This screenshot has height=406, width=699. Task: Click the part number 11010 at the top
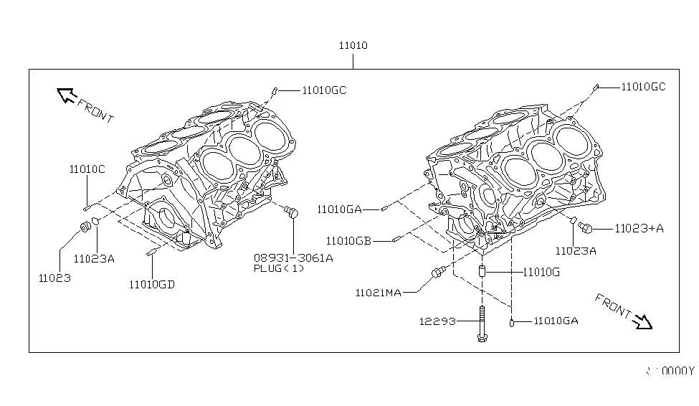click(x=353, y=45)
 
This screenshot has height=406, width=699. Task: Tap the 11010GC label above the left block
click(x=324, y=90)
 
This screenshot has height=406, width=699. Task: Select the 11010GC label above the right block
click(x=643, y=87)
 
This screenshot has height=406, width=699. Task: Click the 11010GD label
click(x=152, y=283)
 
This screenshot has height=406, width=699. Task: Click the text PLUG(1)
click(x=279, y=268)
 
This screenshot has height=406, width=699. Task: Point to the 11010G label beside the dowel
click(x=541, y=273)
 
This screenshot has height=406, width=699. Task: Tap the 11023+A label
click(x=639, y=228)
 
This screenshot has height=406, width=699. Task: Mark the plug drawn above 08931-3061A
click(x=291, y=212)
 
